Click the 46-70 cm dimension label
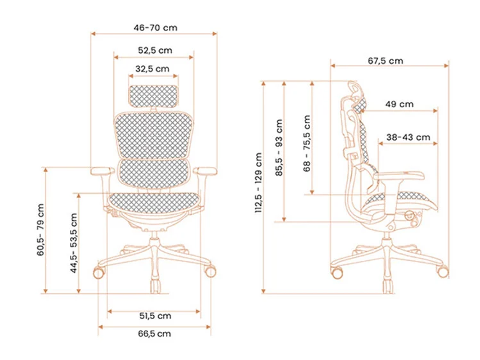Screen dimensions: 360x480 tap(155, 28)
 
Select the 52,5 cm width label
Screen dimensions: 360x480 tap(155, 50)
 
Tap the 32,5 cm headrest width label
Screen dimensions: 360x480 tap(152, 69)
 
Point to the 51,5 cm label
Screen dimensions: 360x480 tap(155, 315)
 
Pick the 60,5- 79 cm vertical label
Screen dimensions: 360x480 tap(41, 230)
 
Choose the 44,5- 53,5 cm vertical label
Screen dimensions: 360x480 tap(74, 243)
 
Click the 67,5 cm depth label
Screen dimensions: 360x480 tap(385, 61)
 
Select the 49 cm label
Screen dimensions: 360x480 tap(399, 104)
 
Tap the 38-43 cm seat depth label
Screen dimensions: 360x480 tap(408, 137)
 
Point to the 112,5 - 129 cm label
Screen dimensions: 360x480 tap(259, 183)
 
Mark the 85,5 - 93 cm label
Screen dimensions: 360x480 tap(279, 148)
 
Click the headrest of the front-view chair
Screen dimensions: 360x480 tap(153, 96)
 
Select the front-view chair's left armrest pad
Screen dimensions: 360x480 tap(102, 171)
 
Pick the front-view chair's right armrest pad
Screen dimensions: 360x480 tap(205, 171)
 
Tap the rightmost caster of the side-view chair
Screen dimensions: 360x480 tap(442, 272)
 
